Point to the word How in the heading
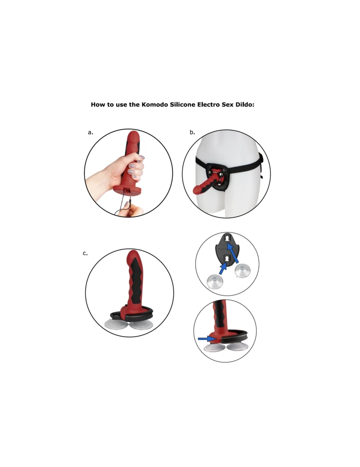pos(98,105)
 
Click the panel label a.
pos(91,132)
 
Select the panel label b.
pos(192,132)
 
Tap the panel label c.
pos(85,253)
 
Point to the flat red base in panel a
pos(127,191)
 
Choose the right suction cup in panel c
pos(141,325)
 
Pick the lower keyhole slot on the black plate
pos(226,258)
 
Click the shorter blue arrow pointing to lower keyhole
pos(223,268)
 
